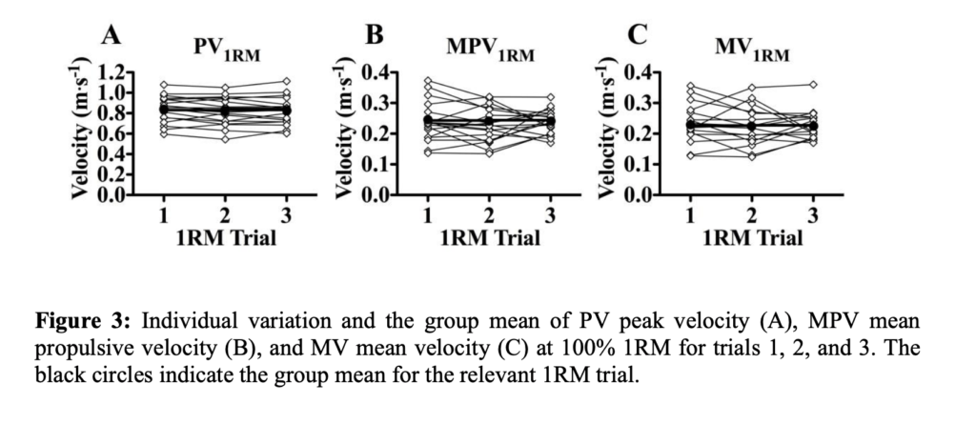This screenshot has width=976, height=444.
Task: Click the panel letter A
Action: [x=112, y=36]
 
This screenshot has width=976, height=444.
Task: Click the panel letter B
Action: [x=375, y=35]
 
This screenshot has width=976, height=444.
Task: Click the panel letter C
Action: [x=639, y=35]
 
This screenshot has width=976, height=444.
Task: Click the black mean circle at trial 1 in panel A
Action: [x=164, y=110]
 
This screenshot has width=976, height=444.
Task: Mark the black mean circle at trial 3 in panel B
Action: [x=549, y=121]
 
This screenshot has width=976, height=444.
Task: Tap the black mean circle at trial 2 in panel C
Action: [x=751, y=126]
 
